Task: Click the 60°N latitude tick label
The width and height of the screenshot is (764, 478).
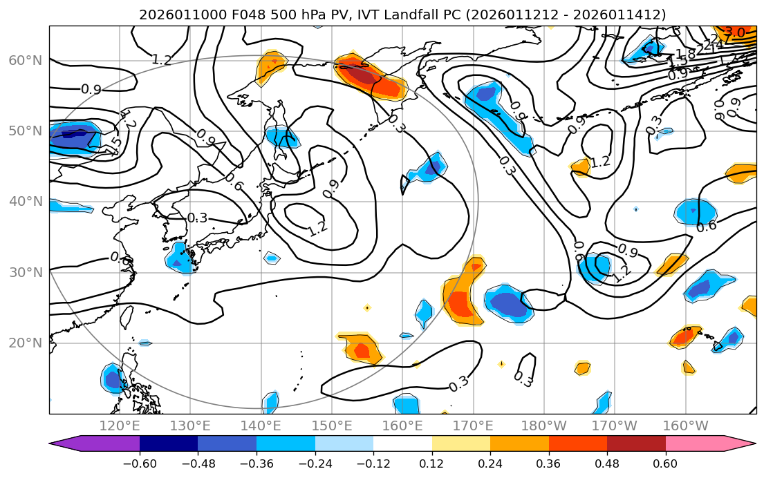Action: (25, 60)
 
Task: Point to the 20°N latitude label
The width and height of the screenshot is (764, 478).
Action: (25, 343)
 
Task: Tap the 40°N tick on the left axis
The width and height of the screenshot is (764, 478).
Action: (25, 202)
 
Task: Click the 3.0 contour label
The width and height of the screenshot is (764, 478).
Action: (734, 32)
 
